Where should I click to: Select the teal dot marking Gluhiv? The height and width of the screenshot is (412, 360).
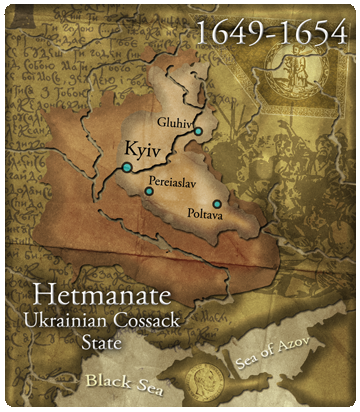[199, 131]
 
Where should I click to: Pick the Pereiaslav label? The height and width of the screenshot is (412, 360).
[172, 183]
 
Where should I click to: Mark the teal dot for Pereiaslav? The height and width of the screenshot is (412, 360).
[149, 190]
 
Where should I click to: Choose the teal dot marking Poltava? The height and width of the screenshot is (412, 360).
[217, 204]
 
